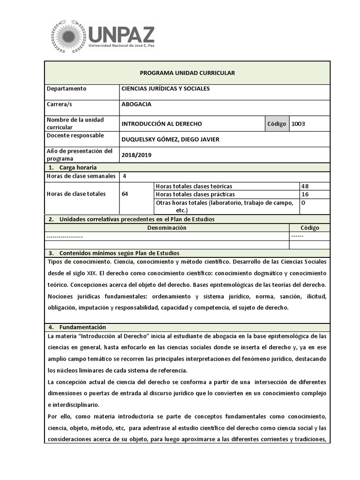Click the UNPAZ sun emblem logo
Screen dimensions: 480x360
tap(69, 36)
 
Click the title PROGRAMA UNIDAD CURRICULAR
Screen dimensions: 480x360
tap(187, 73)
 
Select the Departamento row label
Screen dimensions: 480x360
tap(66, 89)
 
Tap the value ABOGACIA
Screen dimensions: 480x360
tap(136, 105)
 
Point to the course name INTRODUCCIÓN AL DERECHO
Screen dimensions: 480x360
tap(162, 124)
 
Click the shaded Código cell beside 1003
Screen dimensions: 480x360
tap(277, 124)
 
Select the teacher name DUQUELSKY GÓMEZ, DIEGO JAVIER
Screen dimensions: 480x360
tap(170, 139)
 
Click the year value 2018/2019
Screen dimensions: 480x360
tap(136, 155)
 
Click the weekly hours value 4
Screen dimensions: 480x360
tap(124, 176)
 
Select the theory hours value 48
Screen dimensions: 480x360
tap(305, 186)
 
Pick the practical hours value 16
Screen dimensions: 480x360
tap(305, 194)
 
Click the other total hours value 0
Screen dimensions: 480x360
tap(303, 202)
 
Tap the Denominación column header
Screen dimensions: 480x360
tap(167, 228)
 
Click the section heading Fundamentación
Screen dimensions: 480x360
tap(82, 327)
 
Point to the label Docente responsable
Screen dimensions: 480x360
tap(75, 135)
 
